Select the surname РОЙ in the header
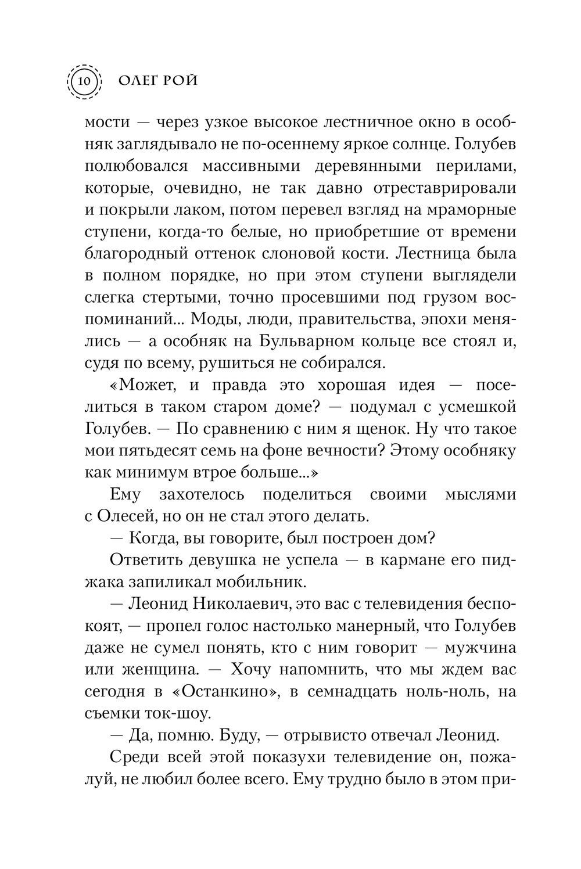point(180,80)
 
